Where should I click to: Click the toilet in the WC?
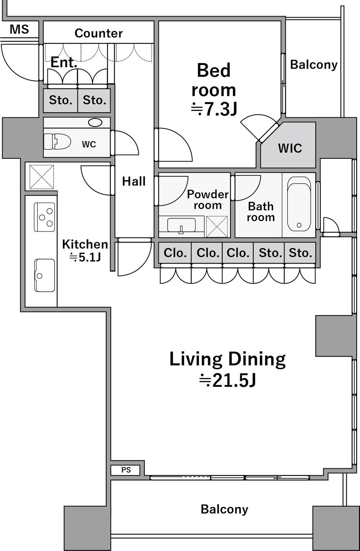pos(57,141)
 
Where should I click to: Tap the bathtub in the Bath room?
pos(299,204)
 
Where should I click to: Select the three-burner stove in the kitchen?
pos(45,217)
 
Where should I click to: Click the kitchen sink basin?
pos(45,275)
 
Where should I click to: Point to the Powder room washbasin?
pos(181,225)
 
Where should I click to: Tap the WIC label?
pos(290,148)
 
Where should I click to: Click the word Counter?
pos(98,33)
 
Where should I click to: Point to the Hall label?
pos(134,181)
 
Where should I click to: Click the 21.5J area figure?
pos(228,380)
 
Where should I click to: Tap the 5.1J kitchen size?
pos(85,257)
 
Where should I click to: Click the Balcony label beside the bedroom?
pos(314,65)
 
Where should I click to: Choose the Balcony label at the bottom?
pos(224,509)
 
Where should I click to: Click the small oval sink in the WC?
pos(95,122)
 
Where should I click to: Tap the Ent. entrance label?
pos(64,63)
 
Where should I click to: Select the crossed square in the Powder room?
pos(217,226)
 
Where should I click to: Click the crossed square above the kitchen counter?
pos(42,177)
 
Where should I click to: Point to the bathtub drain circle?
pos(299,225)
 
